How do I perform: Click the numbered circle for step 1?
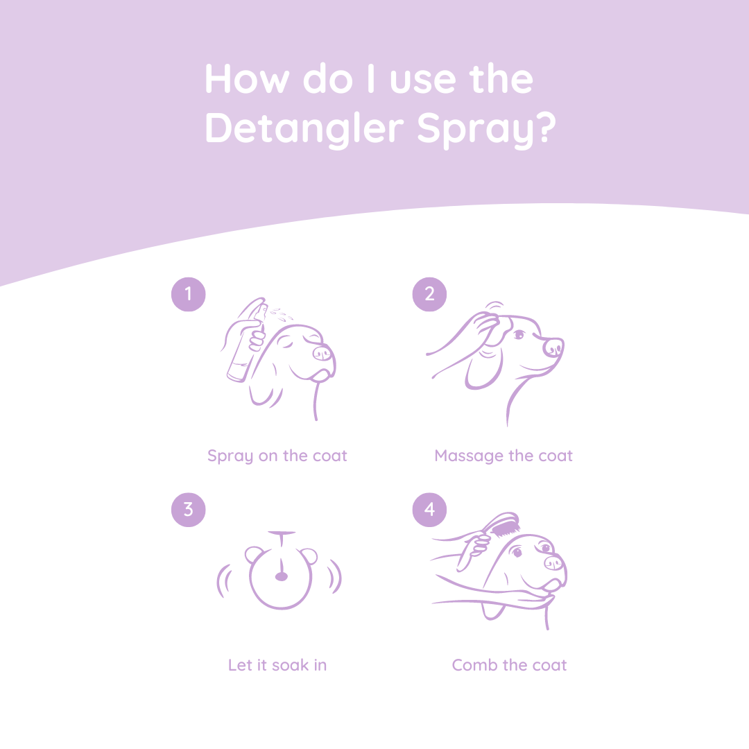pyautogui.click(x=188, y=294)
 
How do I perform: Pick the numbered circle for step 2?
pyautogui.click(x=429, y=294)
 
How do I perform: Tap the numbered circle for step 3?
pyautogui.click(x=188, y=510)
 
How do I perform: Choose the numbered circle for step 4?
pyautogui.click(x=429, y=510)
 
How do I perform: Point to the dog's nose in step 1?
pyautogui.click(x=322, y=354)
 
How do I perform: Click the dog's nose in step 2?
pyautogui.click(x=553, y=346)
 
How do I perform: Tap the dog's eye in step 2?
pyautogui.click(x=518, y=335)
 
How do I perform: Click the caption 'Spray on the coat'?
pyautogui.click(x=277, y=456)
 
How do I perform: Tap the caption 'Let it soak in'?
pyautogui.click(x=277, y=665)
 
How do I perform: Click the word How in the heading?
pyautogui.click(x=246, y=79)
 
